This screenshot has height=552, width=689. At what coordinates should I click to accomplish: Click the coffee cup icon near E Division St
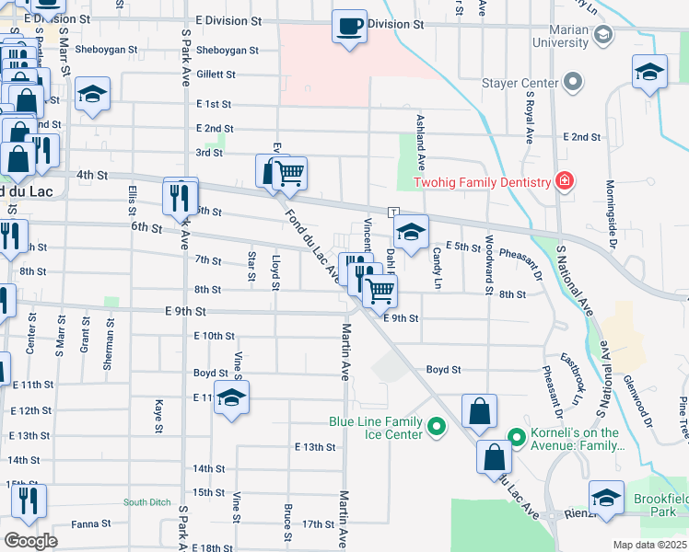pos(349,27)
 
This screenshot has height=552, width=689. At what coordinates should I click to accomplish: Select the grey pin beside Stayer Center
pos(572,84)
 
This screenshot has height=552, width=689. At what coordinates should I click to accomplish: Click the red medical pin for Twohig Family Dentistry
pos(563,182)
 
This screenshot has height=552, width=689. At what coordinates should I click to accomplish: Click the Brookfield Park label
pos(660,503)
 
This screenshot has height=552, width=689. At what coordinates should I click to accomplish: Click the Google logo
pos(31,541)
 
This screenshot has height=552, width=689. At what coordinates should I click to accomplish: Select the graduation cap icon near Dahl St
pos(412,232)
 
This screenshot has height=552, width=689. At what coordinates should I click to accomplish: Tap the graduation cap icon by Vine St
pos(233,398)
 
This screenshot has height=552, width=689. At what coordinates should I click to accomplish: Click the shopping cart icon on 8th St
pos(380,291)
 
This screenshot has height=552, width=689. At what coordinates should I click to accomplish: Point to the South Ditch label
pos(147,501)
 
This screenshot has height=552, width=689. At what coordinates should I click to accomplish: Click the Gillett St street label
pos(216,75)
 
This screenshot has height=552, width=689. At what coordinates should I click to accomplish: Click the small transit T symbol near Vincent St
pos(393,212)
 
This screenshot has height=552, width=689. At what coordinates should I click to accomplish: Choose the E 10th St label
pos(215,336)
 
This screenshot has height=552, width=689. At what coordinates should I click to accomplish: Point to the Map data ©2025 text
pos(649,545)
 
